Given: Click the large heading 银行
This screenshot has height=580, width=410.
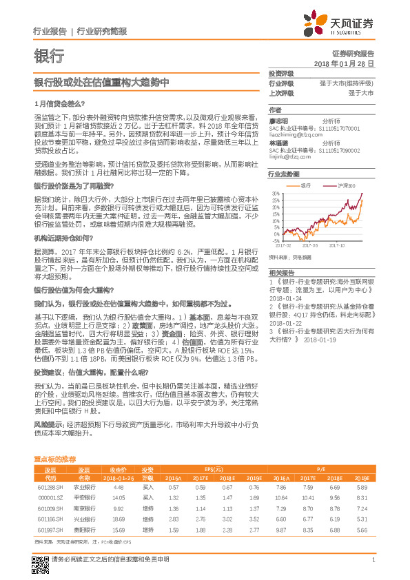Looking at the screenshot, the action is [x=49, y=56].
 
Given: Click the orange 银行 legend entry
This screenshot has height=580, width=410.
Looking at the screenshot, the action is [x=303, y=186].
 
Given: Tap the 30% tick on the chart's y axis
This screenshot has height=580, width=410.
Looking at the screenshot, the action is [x=275, y=194].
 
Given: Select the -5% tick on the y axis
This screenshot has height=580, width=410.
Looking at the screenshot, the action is [x=275, y=240].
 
